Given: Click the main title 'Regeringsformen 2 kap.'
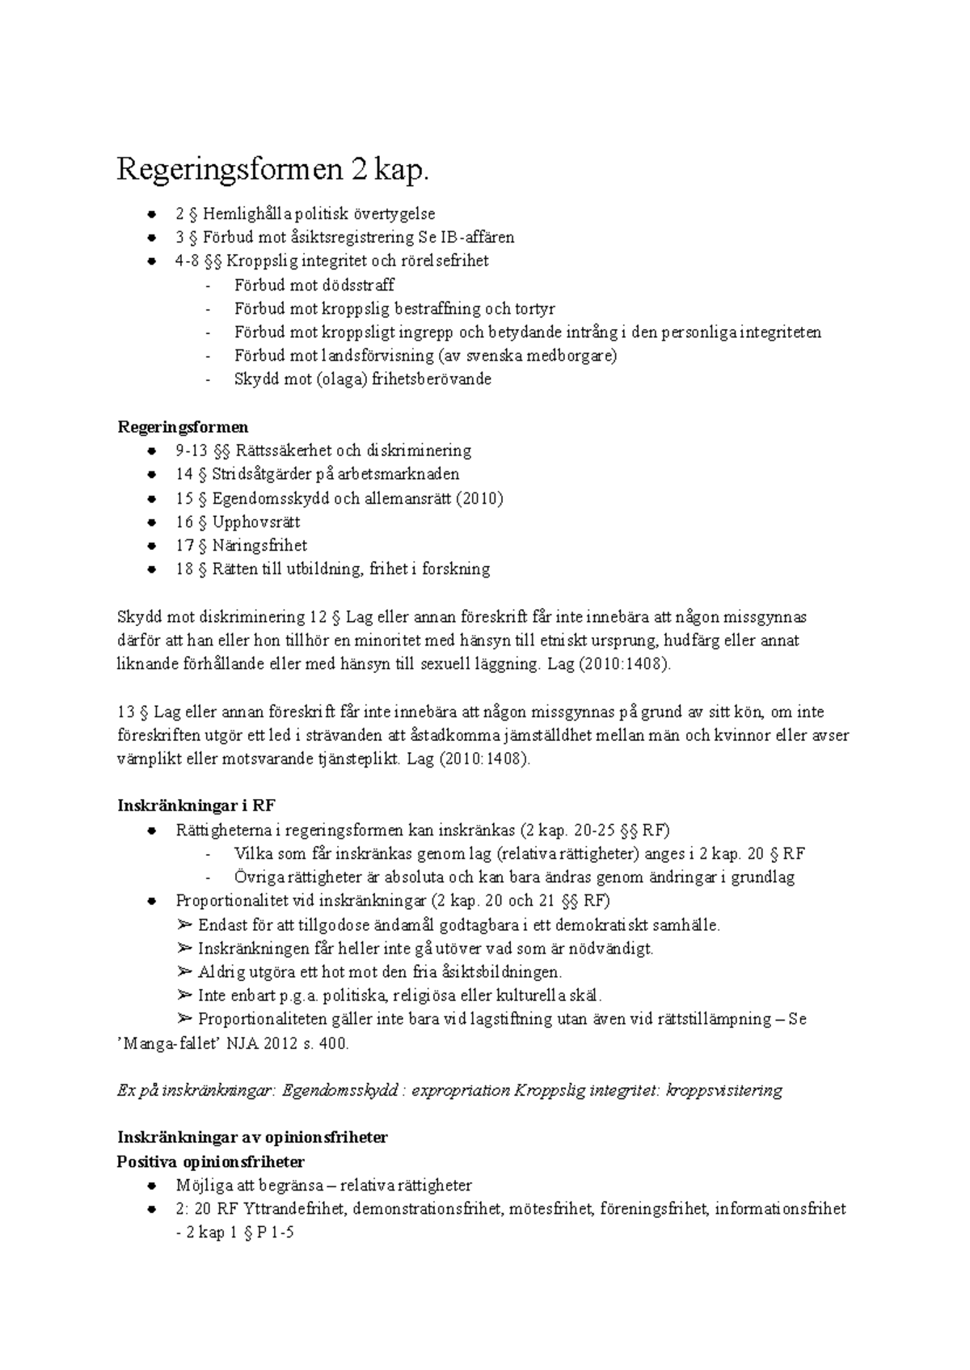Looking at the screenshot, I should click(272, 171).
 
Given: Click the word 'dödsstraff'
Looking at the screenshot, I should click(358, 285).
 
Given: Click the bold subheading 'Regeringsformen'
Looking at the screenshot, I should click(183, 426).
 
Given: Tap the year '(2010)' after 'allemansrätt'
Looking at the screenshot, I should click(479, 498).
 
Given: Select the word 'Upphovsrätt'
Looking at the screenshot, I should click(256, 522).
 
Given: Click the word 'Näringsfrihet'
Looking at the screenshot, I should click(259, 545).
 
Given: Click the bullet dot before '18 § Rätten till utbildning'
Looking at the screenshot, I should click(151, 569).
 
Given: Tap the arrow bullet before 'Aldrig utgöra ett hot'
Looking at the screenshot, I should click(184, 972).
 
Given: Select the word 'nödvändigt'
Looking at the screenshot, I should click(614, 948).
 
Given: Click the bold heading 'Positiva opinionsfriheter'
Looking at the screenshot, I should click(211, 1161).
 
